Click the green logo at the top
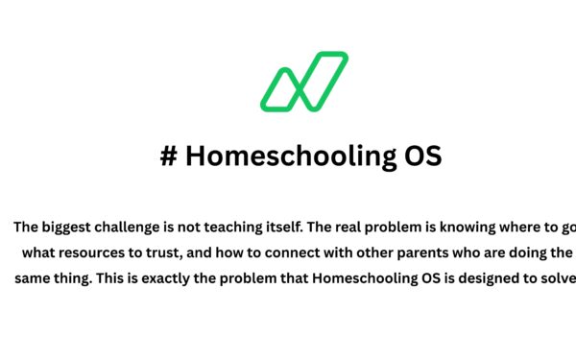click(303, 82)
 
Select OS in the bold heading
click(420, 157)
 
